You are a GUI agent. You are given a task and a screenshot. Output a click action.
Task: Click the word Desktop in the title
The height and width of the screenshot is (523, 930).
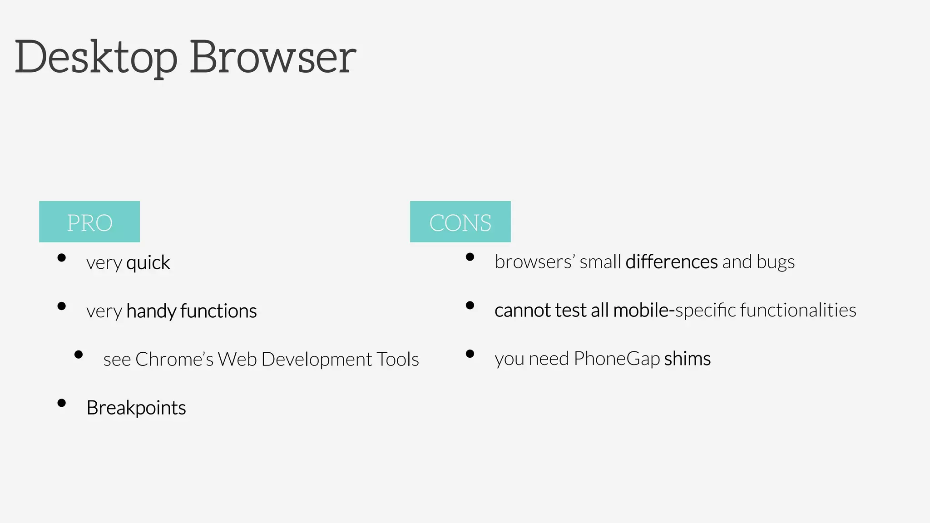[x=96, y=58]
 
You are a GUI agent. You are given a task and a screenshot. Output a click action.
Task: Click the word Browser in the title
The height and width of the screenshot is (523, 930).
[x=272, y=58]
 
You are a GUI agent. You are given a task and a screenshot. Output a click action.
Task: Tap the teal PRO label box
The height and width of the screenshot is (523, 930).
[x=89, y=222]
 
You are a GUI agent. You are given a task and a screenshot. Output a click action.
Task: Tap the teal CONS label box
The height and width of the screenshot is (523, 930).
[x=460, y=222]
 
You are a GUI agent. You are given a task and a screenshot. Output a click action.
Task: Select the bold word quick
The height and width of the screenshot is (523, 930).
[x=148, y=263]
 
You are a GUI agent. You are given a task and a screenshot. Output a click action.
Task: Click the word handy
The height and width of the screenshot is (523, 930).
[x=151, y=311]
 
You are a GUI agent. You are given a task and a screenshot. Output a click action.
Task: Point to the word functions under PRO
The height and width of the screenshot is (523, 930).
[x=218, y=311]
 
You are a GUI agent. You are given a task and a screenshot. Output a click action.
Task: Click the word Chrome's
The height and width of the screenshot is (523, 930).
[x=174, y=359]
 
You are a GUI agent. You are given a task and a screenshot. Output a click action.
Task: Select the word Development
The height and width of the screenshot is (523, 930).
[x=317, y=360]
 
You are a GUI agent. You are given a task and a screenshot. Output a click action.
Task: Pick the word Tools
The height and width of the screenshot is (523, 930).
[x=398, y=359]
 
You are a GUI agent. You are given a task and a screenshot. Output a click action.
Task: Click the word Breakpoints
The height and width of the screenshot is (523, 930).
[x=136, y=408]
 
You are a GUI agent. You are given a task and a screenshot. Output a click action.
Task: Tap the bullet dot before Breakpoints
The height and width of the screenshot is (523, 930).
[x=62, y=403]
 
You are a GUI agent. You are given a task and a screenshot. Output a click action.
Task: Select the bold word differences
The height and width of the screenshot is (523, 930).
[x=671, y=262]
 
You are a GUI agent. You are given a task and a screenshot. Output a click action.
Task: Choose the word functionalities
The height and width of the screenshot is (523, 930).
[x=798, y=311]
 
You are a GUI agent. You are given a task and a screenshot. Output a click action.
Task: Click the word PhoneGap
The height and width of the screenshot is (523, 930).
[x=616, y=359]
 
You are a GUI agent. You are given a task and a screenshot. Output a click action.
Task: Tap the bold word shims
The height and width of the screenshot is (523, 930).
[x=687, y=359]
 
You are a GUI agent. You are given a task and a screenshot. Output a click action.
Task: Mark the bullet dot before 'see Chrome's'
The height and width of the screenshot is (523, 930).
[x=79, y=354]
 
